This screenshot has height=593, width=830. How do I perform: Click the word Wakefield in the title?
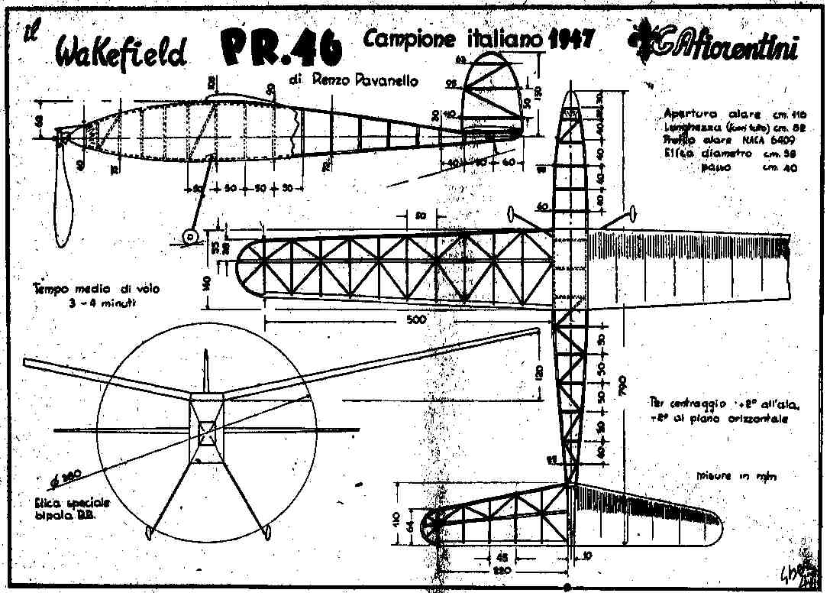click(x=121, y=53)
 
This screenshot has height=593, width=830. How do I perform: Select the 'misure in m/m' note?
click(x=736, y=475)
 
